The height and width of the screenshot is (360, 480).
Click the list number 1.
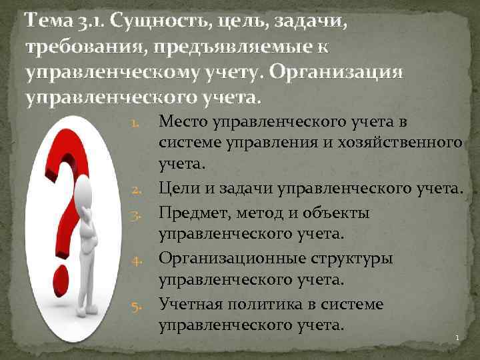[134, 124]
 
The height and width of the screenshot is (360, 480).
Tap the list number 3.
[134, 216]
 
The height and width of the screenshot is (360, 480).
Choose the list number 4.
[134, 260]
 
